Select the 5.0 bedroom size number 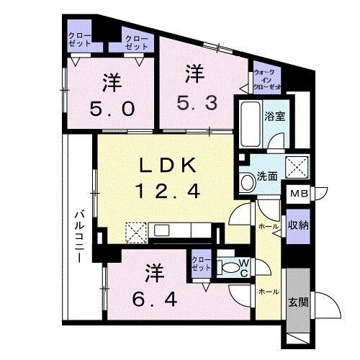pos(112,109)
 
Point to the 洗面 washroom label pos(269,178)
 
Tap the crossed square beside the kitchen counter pos(135,231)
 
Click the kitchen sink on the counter pos(161,231)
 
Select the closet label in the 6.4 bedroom pos(202,263)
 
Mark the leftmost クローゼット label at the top pos(79,38)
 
